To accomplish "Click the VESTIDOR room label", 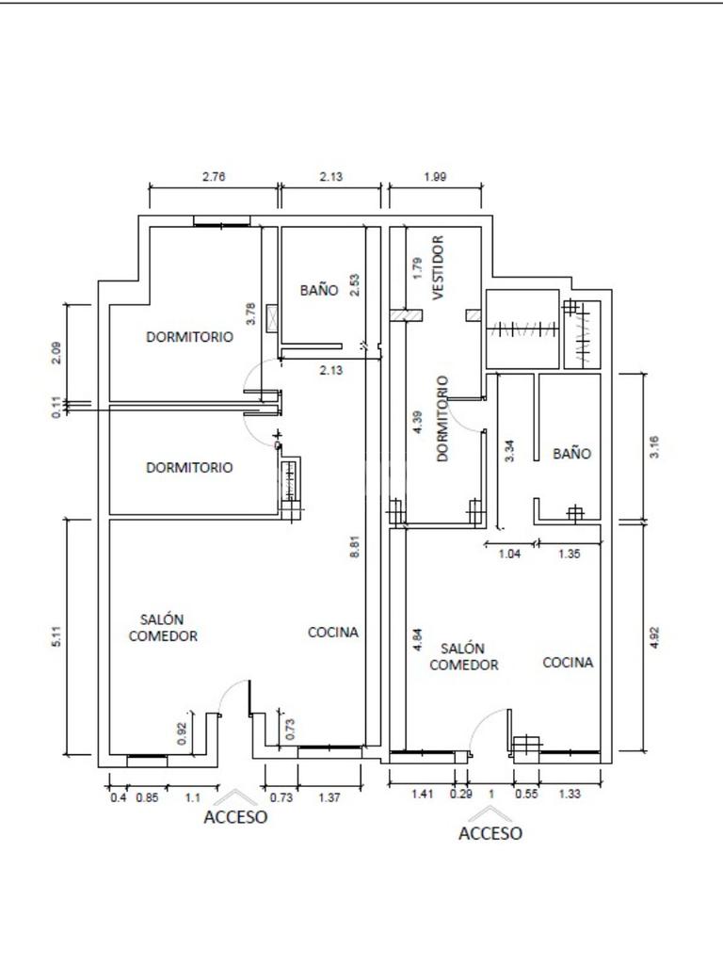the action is point(438,267).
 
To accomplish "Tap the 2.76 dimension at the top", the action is point(214,175).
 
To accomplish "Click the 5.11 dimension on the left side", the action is point(56,635).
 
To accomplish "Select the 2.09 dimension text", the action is point(56,352).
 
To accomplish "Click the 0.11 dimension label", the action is point(56,408).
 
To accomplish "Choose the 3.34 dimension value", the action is point(509,451).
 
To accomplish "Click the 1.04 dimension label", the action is point(508,554).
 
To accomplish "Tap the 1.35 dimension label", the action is point(569,554).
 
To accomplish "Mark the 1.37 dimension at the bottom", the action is point(329,798).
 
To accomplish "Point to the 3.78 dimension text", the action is point(250,313).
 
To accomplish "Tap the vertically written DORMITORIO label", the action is point(442,419).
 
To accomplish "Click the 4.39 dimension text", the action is point(418,420).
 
